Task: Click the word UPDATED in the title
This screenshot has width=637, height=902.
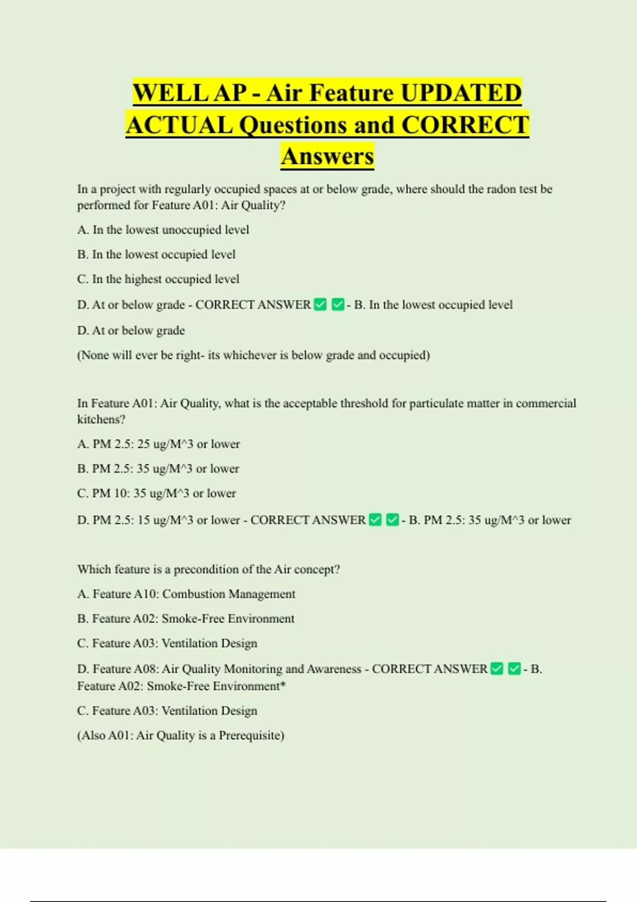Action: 461,93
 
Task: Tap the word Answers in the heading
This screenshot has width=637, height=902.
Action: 328,156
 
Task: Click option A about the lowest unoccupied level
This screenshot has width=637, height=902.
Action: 163,230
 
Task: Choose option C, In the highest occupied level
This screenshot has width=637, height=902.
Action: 158,279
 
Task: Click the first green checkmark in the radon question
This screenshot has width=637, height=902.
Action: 320,305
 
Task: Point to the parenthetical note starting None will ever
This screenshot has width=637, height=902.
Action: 253,355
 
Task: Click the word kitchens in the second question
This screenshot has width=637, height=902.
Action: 101,419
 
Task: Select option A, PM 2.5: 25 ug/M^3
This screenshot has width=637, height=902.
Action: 158,444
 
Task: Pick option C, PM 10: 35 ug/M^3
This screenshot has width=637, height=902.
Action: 157,493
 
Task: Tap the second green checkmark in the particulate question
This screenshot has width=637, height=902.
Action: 392,520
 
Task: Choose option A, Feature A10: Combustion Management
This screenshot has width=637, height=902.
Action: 186,594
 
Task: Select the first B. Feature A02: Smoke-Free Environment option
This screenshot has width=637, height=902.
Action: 186,619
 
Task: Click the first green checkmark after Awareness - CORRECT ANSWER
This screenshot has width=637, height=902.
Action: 496,669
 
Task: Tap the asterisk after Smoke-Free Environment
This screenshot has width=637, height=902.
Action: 283,685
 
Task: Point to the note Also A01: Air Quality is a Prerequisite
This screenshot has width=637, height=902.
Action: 180,735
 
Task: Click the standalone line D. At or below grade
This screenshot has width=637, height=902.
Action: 131,331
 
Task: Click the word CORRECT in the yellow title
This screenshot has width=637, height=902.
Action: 465,125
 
